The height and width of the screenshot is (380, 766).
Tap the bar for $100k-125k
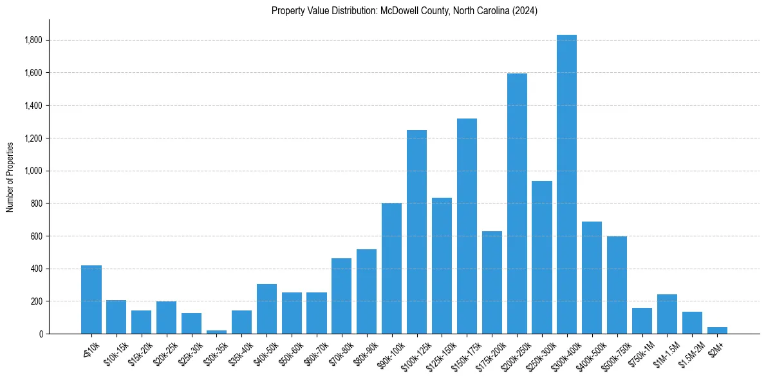pos(416,232)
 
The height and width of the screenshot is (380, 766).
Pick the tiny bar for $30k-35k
pos(216,332)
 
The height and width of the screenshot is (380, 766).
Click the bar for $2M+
pos(717,330)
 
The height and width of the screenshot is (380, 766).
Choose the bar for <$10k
pos(91,299)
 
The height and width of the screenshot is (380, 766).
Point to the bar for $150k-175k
pos(467,226)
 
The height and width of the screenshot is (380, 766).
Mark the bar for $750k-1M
pos(642,321)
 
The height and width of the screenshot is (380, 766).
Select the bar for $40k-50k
pos(266,309)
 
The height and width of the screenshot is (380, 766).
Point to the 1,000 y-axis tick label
pos(33,171)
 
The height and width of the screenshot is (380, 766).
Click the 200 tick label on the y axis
pos(36,301)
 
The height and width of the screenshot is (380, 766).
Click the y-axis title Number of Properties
pos(10,176)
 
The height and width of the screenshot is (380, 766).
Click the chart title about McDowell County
pos(404,11)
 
